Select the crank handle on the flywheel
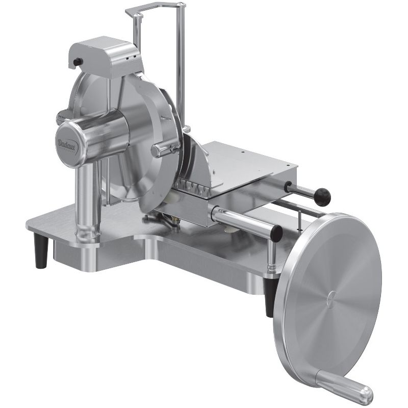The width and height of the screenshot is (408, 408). coord(344,386)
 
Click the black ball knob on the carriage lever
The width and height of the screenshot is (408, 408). coord(322,197)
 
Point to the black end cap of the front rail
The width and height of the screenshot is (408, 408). coord(277,233)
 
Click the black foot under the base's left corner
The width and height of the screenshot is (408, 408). coord(41,250)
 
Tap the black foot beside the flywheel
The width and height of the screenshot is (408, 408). coord(269,297)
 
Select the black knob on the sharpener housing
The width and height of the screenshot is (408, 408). coord(78,62)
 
